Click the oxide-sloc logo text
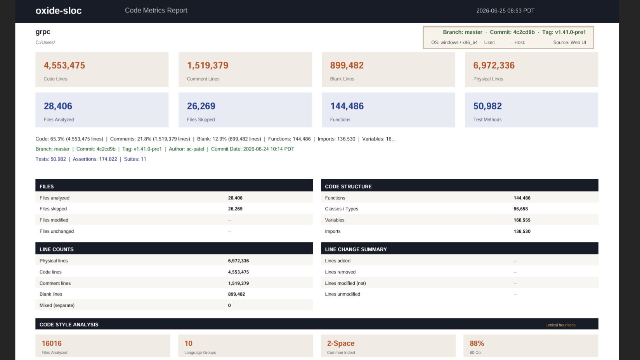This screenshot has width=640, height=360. (x=58, y=10)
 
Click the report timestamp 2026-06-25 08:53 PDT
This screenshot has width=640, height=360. (x=505, y=10)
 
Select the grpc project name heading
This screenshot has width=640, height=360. (x=43, y=32)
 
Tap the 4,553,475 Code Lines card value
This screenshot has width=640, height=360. (x=64, y=66)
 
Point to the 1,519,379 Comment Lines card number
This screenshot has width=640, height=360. (x=207, y=66)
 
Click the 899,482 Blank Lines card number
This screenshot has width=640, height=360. (x=347, y=66)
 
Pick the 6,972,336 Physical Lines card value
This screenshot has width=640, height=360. (x=494, y=66)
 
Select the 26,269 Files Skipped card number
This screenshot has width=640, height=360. (x=201, y=106)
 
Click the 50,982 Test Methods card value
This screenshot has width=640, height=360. (x=487, y=106)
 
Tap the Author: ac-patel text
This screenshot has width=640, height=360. (x=186, y=149)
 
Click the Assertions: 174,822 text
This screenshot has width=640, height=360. (x=95, y=159)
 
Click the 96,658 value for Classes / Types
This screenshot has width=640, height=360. (x=520, y=209)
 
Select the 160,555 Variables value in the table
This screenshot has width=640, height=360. (x=522, y=220)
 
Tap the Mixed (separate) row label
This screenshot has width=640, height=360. (x=57, y=305)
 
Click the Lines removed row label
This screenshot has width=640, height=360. (x=340, y=272)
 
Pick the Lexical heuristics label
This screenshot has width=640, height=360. (x=560, y=325)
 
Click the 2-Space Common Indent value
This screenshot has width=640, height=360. (x=341, y=343)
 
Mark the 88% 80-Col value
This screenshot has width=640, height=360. (x=477, y=343)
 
